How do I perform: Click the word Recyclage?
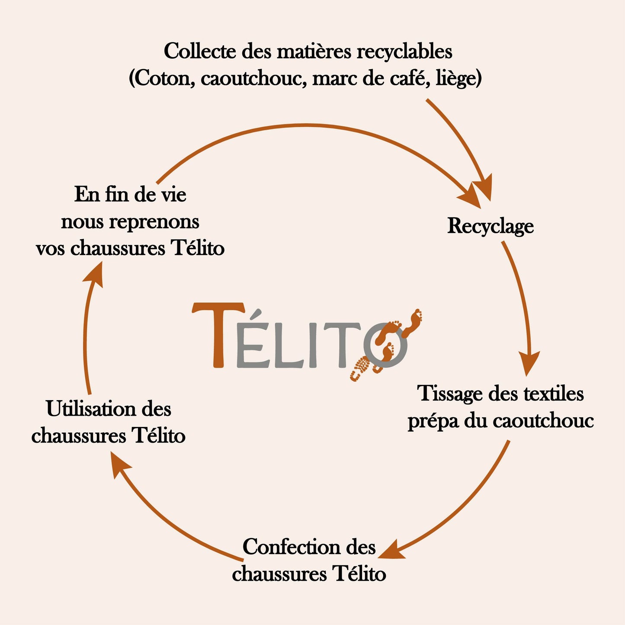[x=490, y=226]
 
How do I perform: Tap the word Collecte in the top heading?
[x=200, y=52]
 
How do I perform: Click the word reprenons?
[x=154, y=222]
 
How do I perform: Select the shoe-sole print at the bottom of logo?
[x=360, y=369]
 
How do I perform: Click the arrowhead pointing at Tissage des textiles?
[x=529, y=363]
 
